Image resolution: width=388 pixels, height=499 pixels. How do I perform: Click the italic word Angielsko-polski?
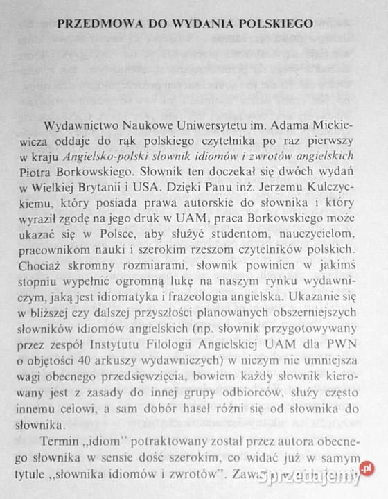[125, 157]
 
